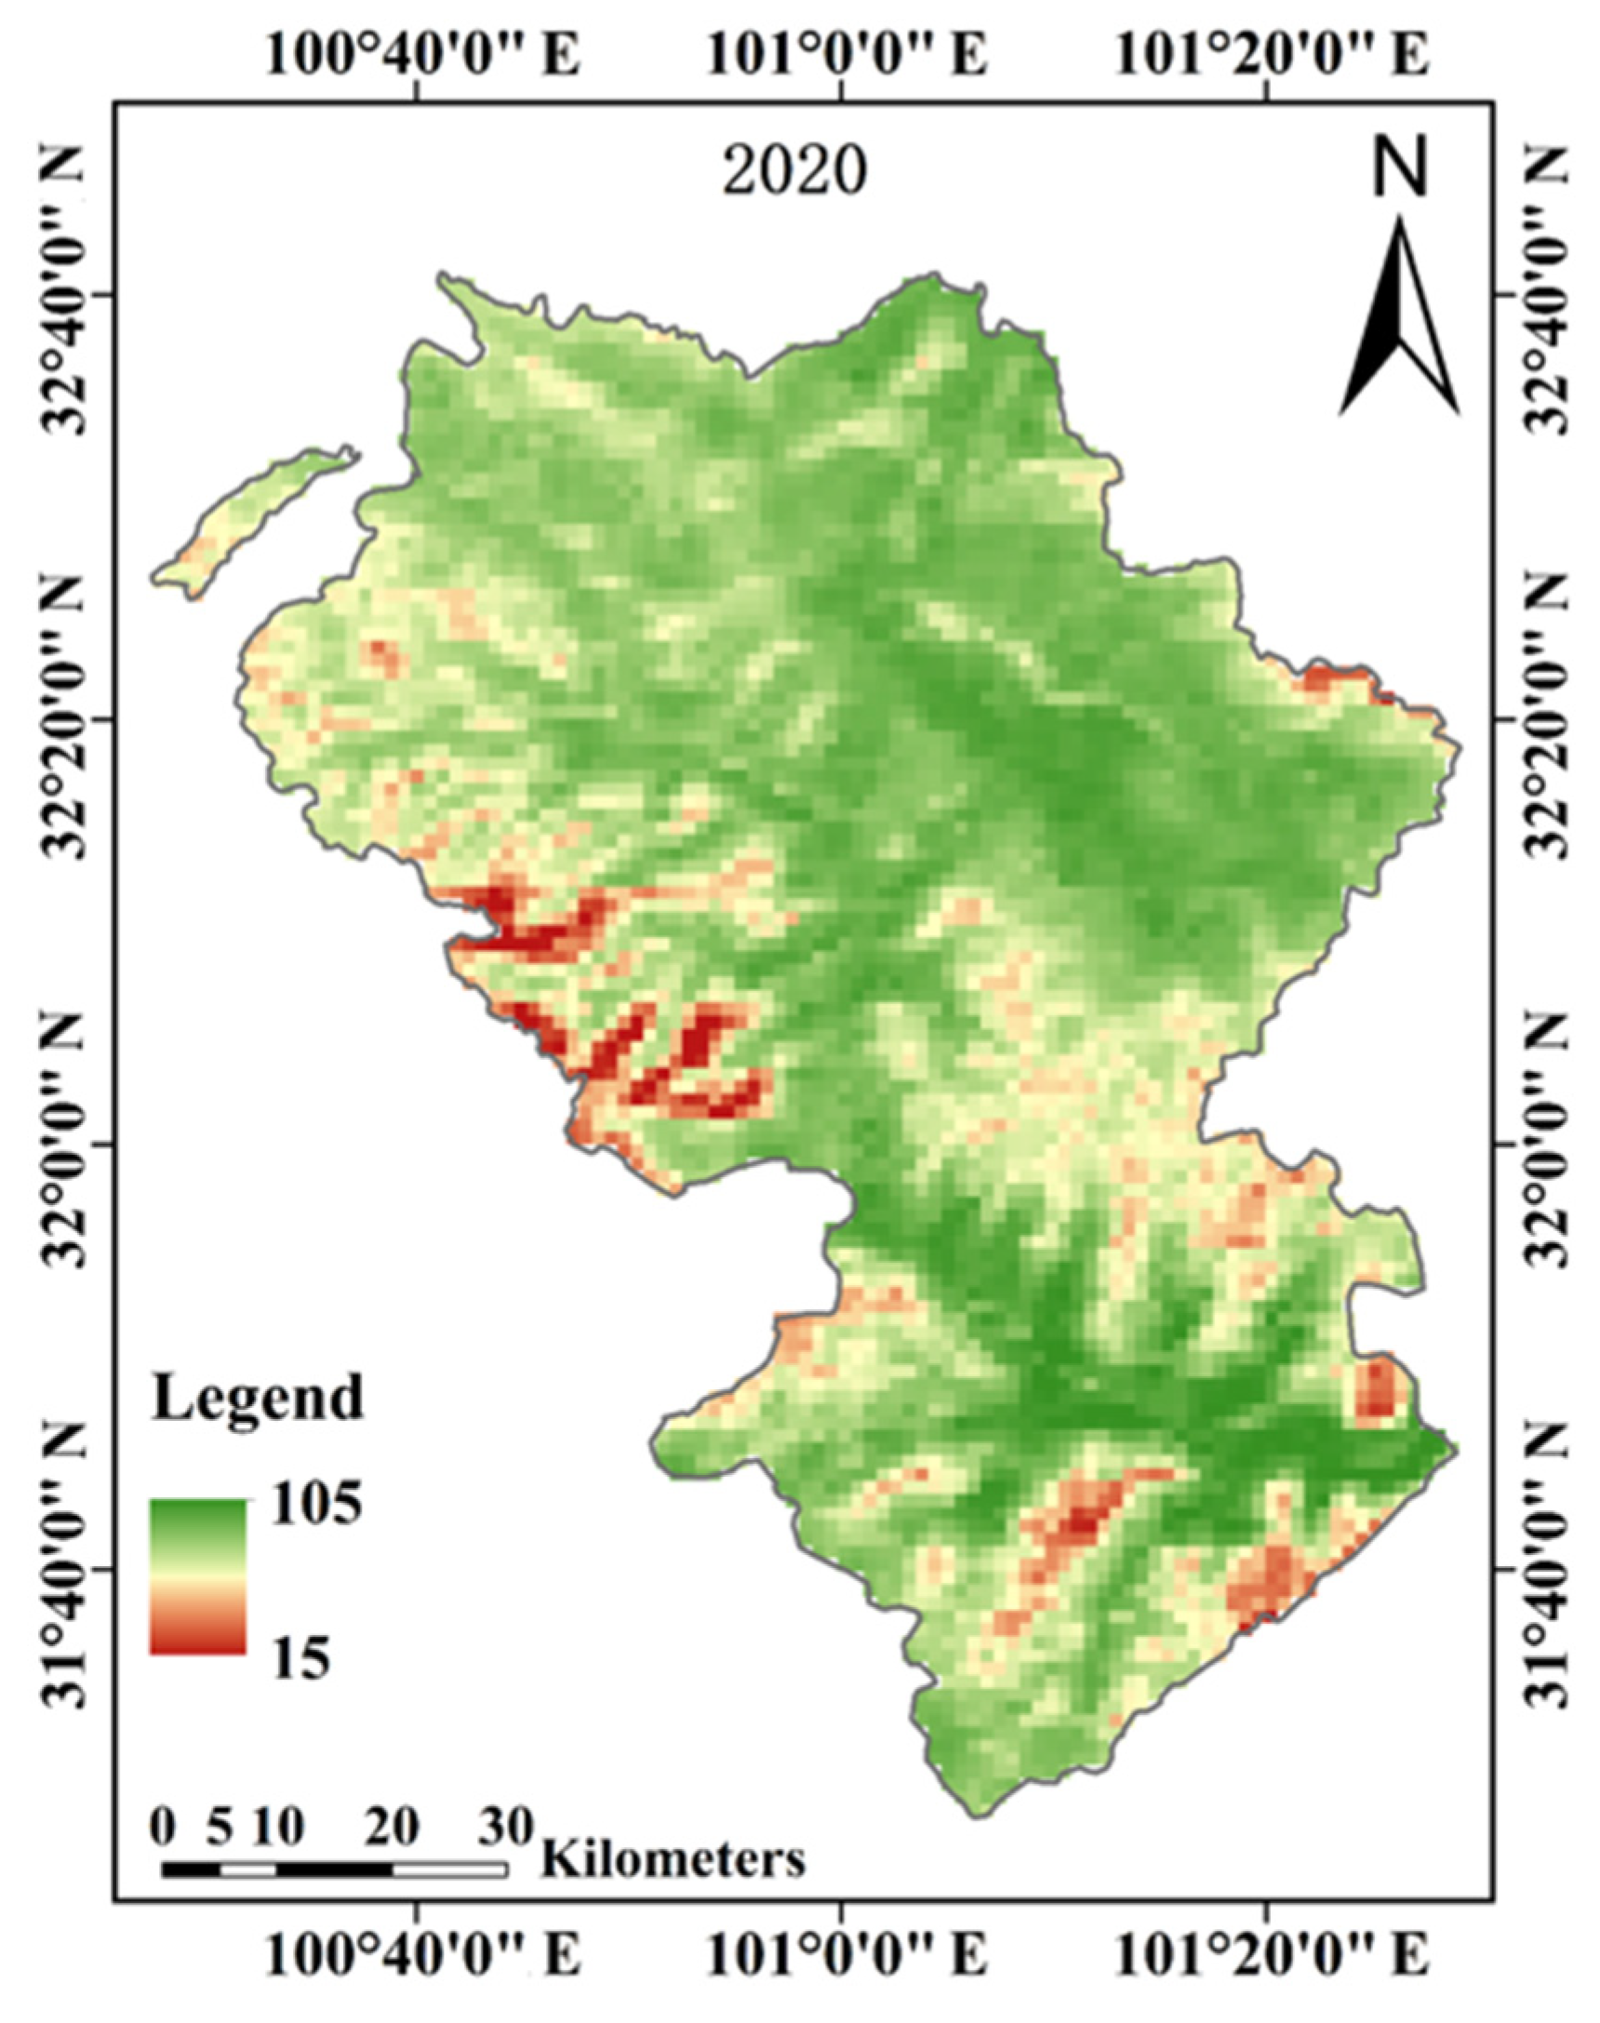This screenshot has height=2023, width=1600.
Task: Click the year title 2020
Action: [x=794, y=171]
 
